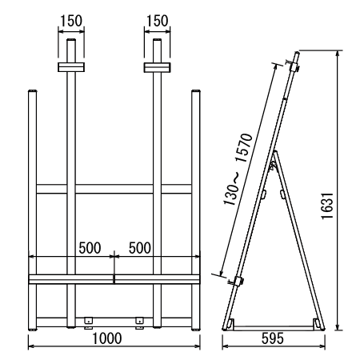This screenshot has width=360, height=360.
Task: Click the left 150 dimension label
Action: (x=71, y=21)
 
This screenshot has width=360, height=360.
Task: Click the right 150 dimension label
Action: (x=158, y=21)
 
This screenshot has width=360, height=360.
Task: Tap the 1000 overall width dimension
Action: (x=107, y=338)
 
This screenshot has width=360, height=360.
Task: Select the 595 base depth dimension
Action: (x=273, y=338)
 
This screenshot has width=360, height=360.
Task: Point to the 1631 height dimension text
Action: (x=327, y=206)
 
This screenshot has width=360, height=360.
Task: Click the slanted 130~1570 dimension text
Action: (x=238, y=169)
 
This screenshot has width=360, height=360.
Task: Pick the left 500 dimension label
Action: (x=90, y=248)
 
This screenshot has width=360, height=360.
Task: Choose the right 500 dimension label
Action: (x=140, y=248)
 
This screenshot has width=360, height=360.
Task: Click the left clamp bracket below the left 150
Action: (x=71, y=67)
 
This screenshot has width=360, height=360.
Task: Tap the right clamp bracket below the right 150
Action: (x=158, y=67)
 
